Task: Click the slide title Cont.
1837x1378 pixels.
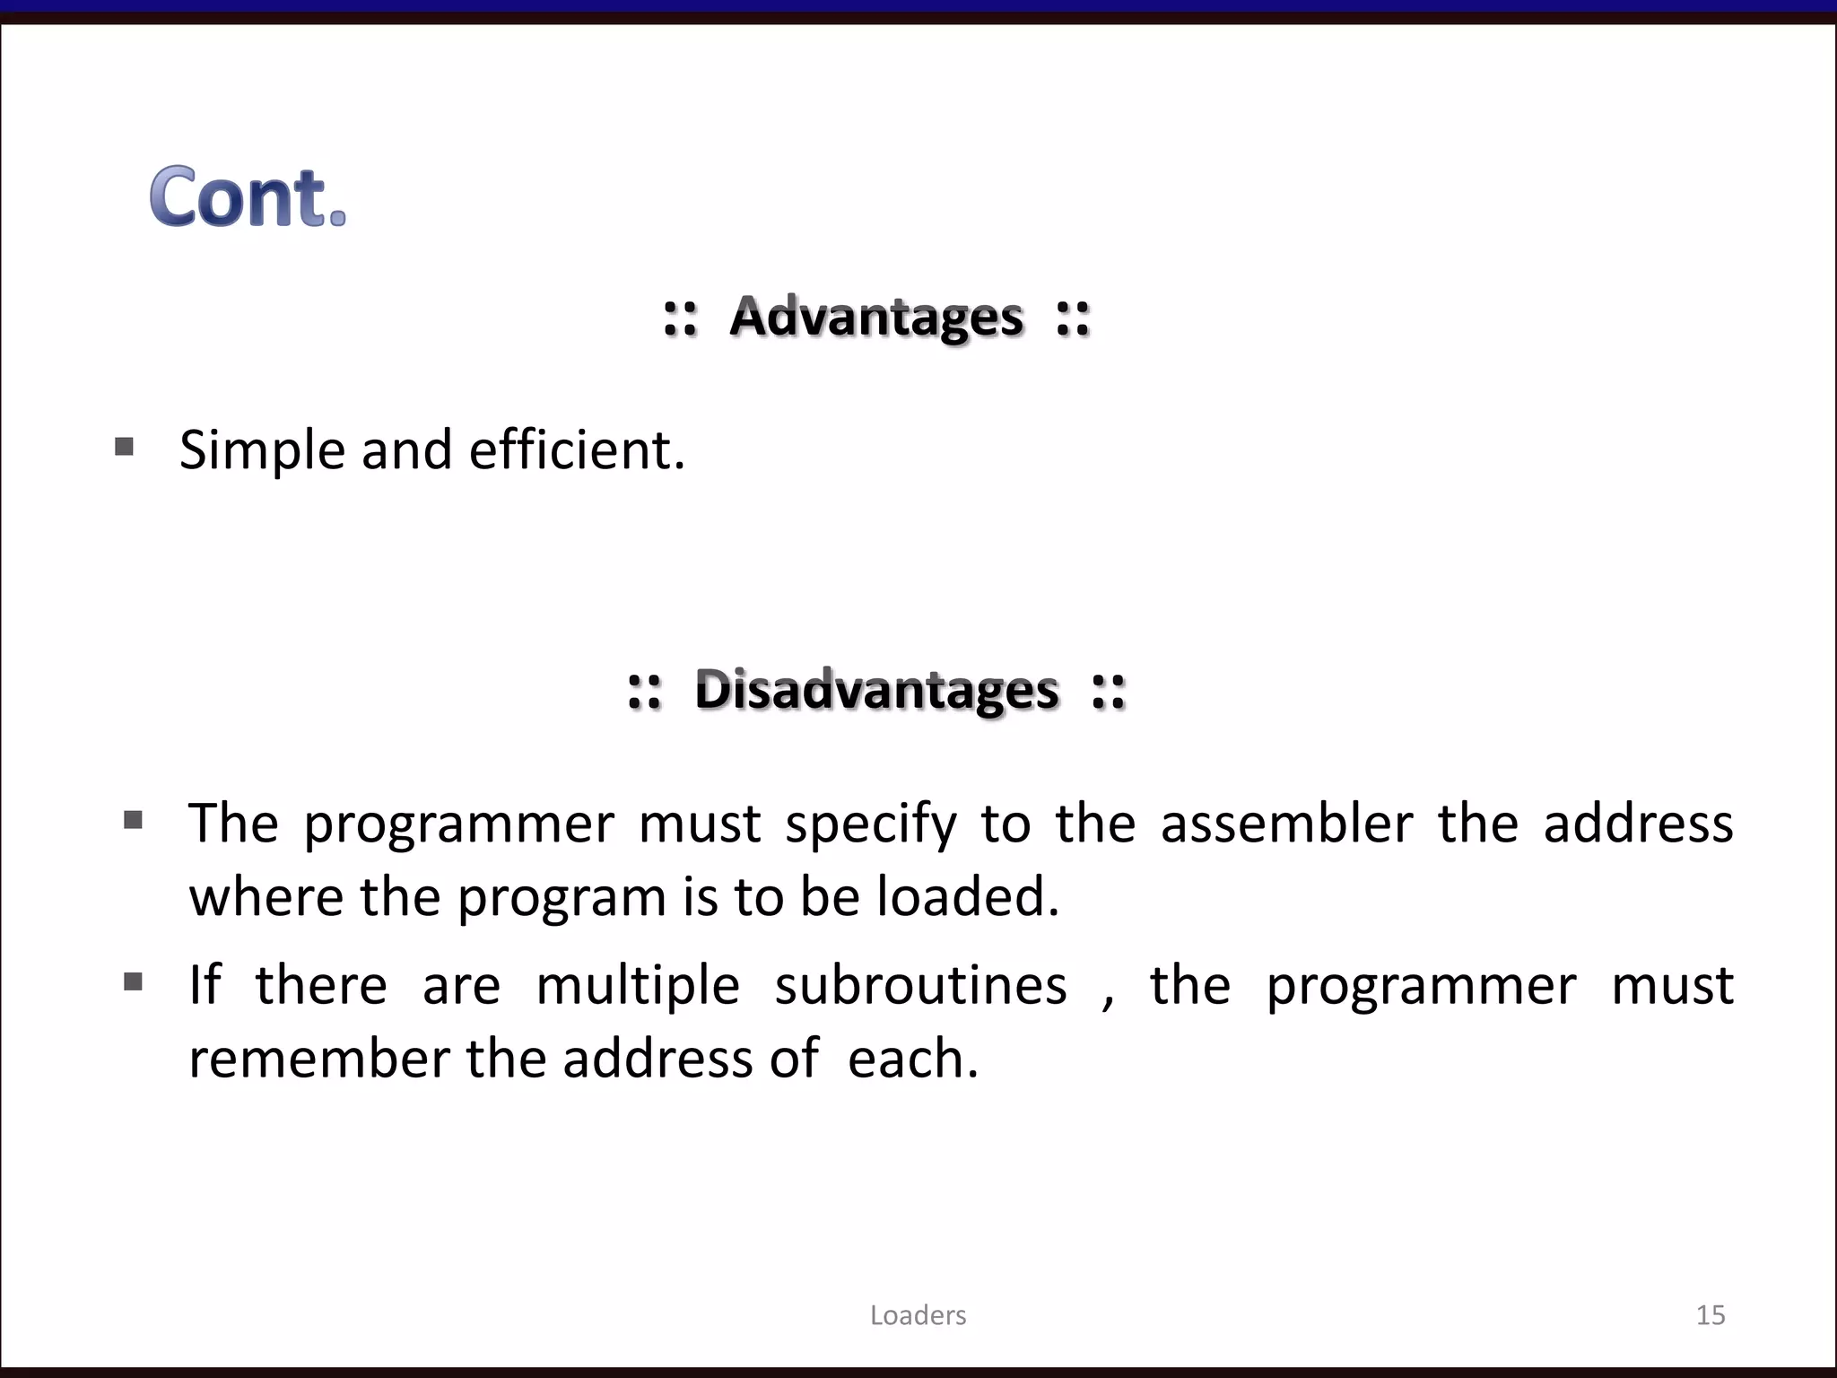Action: pyautogui.click(x=248, y=196)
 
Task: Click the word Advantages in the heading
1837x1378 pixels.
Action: pyautogui.click(x=876, y=317)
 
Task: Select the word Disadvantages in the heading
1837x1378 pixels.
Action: pyautogui.click(x=876, y=690)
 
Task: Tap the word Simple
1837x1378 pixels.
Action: pyautogui.click(x=262, y=450)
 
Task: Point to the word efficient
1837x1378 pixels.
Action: pyautogui.click(x=577, y=449)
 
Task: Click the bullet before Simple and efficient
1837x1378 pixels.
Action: pyautogui.click(x=125, y=446)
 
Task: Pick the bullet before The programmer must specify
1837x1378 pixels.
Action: pyautogui.click(x=134, y=819)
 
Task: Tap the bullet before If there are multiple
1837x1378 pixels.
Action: pyautogui.click(x=134, y=981)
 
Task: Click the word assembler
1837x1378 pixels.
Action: pyautogui.click(x=1286, y=823)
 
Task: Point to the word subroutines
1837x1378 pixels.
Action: pyautogui.click(x=921, y=985)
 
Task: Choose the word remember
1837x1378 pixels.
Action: pyautogui.click(x=318, y=1059)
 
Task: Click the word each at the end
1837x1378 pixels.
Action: pyautogui.click(x=912, y=1059)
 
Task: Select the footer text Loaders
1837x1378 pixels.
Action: pyautogui.click(x=918, y=1315)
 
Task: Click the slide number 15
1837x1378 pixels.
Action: pyautogui.click(x=1710, y=1315)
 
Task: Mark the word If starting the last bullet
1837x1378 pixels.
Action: pyautogui.click(x=205, y=985)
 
